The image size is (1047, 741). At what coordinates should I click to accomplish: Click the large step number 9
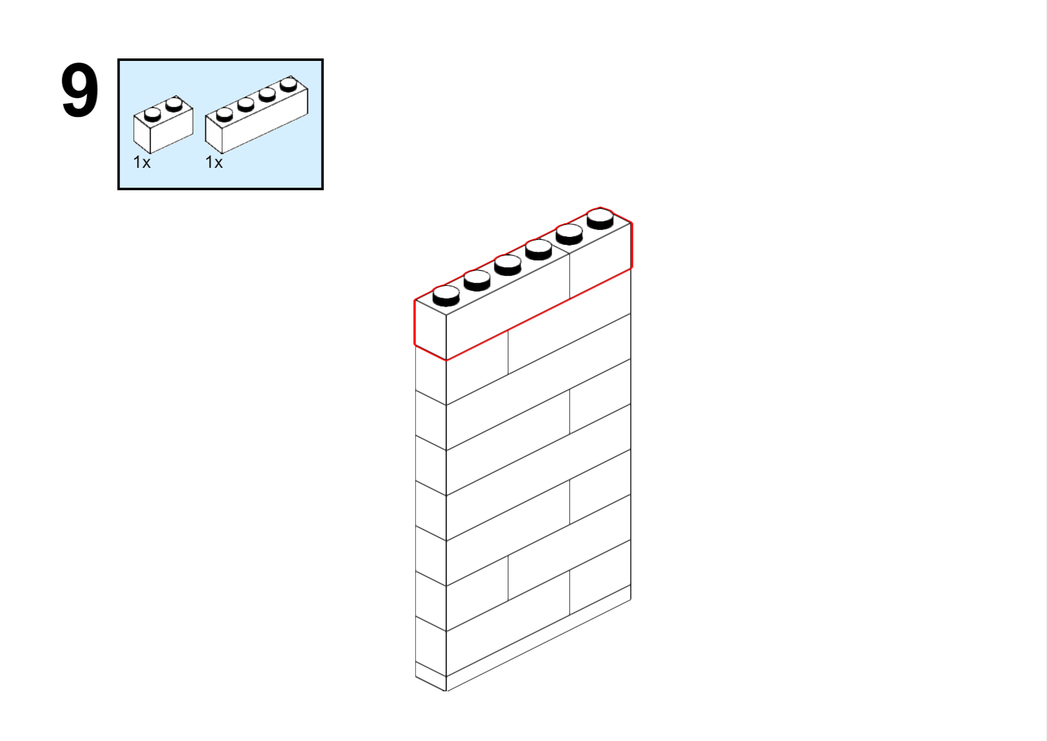[x=80, y=91]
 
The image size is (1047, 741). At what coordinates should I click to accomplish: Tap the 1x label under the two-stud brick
[x=142, y=162]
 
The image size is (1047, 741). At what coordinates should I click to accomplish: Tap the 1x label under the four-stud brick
[x=214, y=162]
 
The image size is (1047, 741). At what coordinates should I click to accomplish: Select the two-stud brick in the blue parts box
[x=163, y=125]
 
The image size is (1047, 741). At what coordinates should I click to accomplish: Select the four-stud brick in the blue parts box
[x=257, y=114]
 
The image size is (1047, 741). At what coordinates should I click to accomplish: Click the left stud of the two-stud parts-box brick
[x=152, y=114]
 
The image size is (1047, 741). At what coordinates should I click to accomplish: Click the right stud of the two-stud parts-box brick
[x=174, y=104]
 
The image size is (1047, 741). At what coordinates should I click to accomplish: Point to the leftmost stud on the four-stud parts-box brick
[x=224, y=114]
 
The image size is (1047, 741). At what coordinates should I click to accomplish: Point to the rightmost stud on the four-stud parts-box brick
[x=288, y=84]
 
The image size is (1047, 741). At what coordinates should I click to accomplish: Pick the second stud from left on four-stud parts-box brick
[x=246, y=104]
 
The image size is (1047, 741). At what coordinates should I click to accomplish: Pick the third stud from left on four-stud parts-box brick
[x=267, y=94]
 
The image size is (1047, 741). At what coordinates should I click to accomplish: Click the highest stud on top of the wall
[x=600, y=219]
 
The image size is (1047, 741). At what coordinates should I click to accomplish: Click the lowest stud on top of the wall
[x=446, y=296]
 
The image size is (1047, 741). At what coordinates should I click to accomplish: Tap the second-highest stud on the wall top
[x=570, y=234]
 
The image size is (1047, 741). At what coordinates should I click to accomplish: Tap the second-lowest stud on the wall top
[x=477, y=280]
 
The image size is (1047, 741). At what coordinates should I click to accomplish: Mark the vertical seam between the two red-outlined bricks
[x=570, y=275]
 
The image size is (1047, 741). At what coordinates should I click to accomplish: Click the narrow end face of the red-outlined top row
[x=430, y=330]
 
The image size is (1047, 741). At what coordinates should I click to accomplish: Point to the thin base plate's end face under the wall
[x=430, y=676]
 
